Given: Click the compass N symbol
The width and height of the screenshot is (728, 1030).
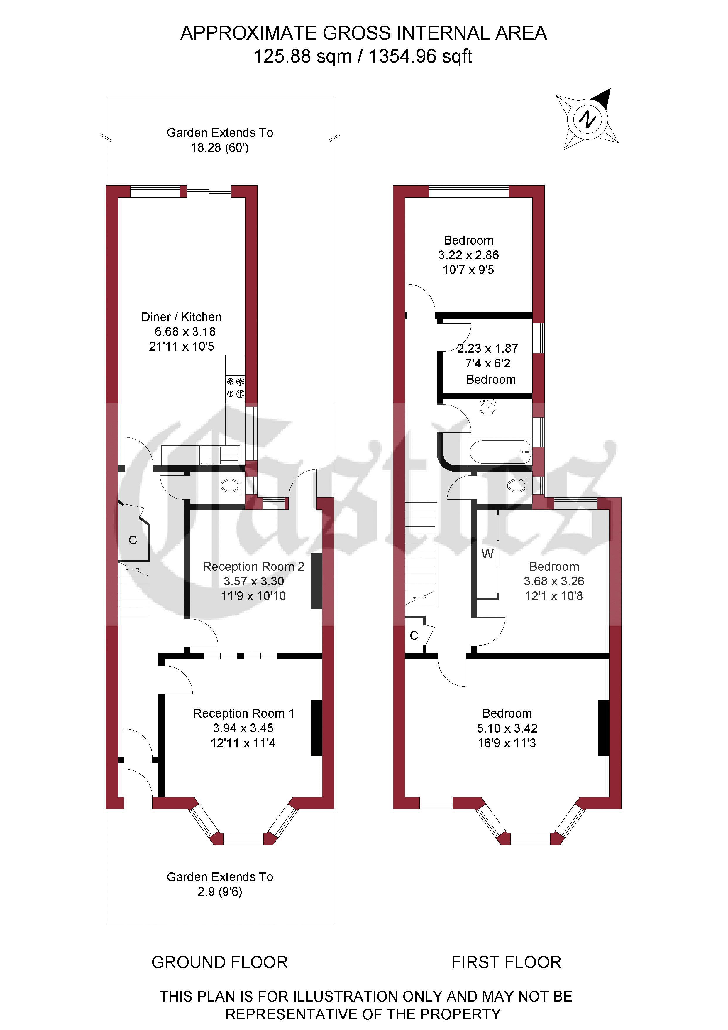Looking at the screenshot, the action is click(587, 119).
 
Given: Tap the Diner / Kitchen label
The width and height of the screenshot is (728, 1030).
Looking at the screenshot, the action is click(182, 317).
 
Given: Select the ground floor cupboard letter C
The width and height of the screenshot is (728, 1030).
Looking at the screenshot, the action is click(133, 540).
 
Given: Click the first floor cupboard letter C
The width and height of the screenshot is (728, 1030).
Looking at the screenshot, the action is click(414, 636).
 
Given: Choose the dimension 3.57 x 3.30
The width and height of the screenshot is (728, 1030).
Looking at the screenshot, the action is click(254, 581).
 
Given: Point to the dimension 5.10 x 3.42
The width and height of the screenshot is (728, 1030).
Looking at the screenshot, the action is click(507, 728).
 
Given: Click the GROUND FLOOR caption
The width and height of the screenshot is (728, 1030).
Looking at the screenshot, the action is click(220, 962).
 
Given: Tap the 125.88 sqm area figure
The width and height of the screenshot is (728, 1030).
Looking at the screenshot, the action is click(303, 57).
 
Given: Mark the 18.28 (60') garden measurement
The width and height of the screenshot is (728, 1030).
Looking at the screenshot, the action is click(220, 148).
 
